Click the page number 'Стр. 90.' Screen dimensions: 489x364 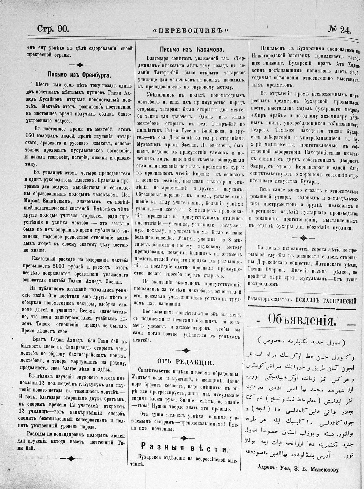[x=53, y=29]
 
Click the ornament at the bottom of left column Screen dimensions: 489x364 [x=71, y=459]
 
